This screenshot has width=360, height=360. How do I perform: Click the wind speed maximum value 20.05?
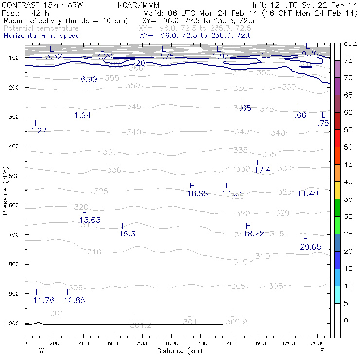[310, 247]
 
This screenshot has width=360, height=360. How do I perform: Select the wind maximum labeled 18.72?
[253, 234]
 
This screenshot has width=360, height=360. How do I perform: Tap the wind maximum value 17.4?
[262, 170]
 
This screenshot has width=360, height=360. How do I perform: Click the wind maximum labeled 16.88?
[198, 194]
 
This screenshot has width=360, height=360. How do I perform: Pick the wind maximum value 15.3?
[127, 234]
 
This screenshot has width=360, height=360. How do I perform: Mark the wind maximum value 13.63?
[90, 220]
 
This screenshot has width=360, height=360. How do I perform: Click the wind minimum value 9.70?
[310, 54]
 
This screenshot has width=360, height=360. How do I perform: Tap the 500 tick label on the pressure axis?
[14, 176]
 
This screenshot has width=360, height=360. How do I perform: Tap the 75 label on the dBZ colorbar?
[348, 60]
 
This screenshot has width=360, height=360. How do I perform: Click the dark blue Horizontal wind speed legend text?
[42, 36]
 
